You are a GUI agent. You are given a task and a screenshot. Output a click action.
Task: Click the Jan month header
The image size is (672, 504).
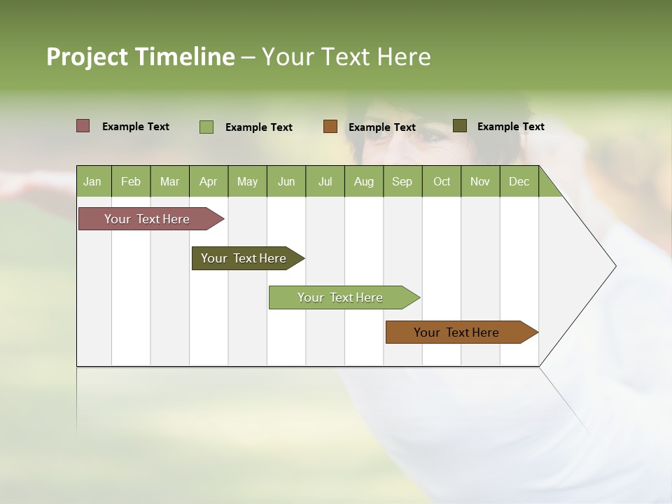point(92,181)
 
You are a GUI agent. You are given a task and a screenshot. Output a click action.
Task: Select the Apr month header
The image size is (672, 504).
point(208,181)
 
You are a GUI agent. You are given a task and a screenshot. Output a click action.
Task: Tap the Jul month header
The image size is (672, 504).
point(325,181)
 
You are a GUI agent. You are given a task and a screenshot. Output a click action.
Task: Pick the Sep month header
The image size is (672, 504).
point(402,181)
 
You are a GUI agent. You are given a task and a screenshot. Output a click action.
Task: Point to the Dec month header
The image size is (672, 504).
point(519,181)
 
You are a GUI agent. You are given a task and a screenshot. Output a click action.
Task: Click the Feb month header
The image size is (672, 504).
point(131,181)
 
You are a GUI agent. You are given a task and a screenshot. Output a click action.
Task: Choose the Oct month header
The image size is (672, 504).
point(442,181)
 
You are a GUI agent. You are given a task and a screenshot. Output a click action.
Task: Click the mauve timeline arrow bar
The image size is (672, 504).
point(147,219)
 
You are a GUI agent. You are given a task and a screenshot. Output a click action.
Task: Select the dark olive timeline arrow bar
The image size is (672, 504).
point(244,258)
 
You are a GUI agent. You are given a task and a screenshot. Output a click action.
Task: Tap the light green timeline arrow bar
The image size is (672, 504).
point(340,297)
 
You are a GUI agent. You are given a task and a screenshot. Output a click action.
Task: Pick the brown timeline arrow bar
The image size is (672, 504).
point(456,332)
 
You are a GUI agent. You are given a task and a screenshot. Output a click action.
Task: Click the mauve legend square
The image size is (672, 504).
point(83,126)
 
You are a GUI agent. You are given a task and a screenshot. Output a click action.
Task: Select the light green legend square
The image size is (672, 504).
point(206,127)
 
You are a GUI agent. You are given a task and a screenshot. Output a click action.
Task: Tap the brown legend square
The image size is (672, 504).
point(330,127)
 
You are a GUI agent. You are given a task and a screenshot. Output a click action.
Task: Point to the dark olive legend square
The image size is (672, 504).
point(460,126)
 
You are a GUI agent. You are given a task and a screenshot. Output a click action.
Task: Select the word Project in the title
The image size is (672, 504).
point(87,57)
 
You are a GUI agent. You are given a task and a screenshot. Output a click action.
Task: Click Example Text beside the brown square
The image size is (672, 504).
point(382,127)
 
